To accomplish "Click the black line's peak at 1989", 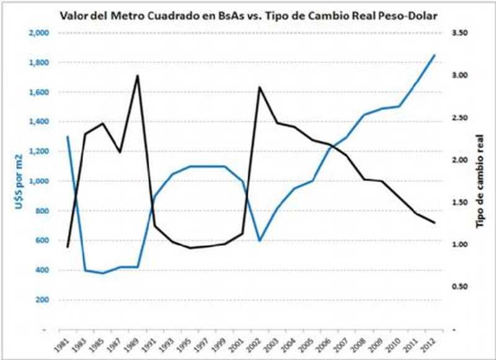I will pyautogui.click(x=137, y=76).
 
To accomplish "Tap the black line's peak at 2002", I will pyautogui.click(x=259, y=87).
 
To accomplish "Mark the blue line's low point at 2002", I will pyautogui.click(x=259, y=240).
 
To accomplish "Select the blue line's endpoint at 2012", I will pyautogui.click(x=434, y=55).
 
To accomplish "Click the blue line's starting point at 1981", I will pyautogui.click(x=68, y=136).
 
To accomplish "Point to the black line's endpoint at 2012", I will pyautogui.click(x=434, y=222).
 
